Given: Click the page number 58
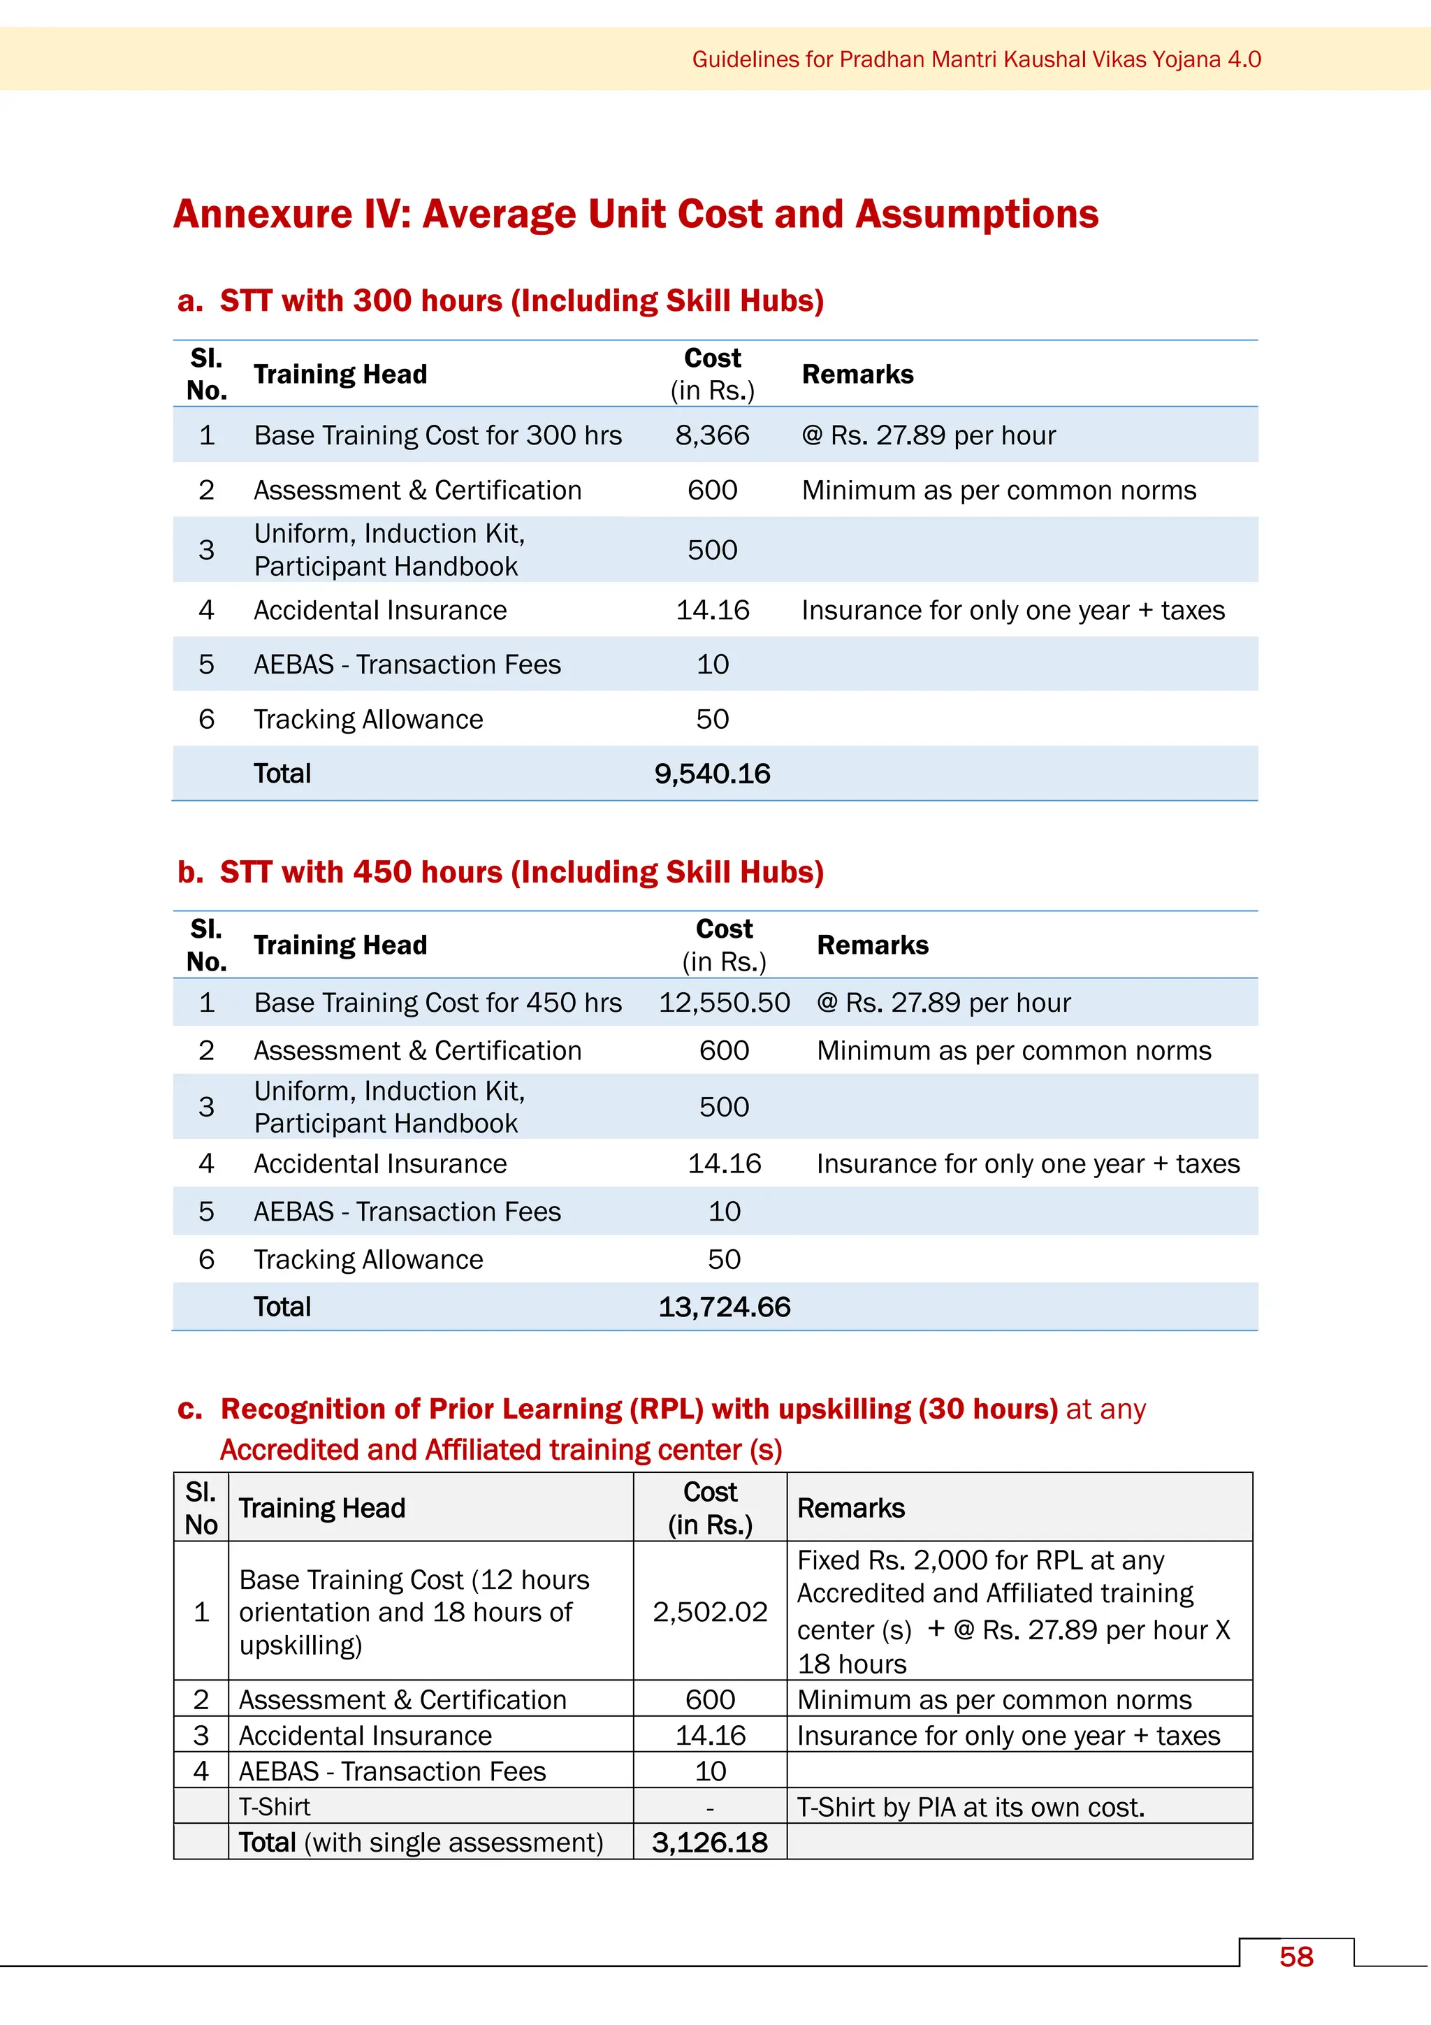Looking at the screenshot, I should [1295, 1957].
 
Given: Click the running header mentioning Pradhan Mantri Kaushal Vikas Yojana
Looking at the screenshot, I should [976, 59].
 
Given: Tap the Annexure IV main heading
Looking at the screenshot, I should [636, 215].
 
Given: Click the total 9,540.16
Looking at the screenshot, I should [713, 774].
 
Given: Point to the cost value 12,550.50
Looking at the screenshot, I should [724, 1003].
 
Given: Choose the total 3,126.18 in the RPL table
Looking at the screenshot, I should [710, 1843].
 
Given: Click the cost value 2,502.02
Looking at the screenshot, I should [710, 1611].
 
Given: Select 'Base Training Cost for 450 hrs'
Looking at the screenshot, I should [437, 1003].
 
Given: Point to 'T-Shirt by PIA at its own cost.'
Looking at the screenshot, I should [971, 1807].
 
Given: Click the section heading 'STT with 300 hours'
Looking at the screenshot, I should [521, 300].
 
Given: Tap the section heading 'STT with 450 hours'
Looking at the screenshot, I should [521, 872].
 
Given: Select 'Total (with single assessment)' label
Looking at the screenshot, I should [421, 1843].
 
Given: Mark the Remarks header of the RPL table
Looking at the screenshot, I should [851, 1508].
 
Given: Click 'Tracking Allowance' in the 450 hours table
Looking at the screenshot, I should [368, 1259].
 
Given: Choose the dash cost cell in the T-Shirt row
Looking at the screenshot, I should [710, 1807].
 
